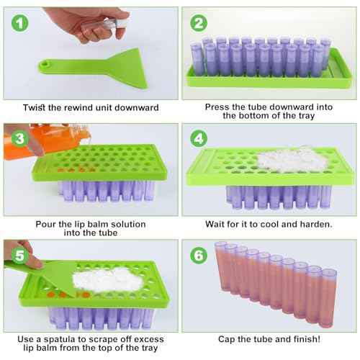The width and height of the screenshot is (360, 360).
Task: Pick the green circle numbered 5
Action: (16, 254)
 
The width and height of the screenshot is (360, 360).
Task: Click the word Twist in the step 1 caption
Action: (37, 107)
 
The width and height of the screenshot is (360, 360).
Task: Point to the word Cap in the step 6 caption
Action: (229, 338)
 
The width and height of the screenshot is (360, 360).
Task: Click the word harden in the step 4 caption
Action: (314, 222)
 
